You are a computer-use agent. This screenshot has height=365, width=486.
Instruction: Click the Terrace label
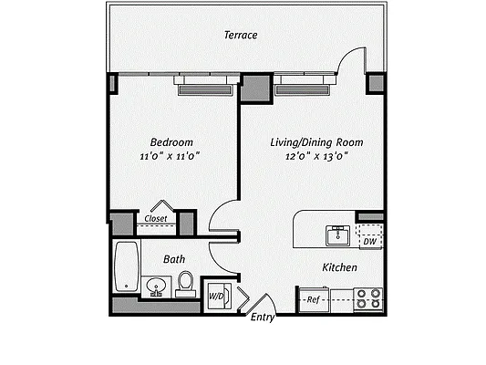click(241, 36)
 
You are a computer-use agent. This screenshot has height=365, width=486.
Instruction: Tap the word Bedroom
click(171, 142)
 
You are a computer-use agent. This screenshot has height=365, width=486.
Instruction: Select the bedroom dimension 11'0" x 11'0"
click(170, 157)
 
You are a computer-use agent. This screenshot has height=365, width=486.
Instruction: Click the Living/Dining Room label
click(316, 142)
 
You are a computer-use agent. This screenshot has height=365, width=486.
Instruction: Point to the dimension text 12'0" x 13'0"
click(316, 157)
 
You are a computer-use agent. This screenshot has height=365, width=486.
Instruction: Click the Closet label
click(155, 219)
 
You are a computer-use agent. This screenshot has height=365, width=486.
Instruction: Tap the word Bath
click(174, 259)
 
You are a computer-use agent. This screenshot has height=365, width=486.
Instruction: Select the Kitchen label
click(339, 267)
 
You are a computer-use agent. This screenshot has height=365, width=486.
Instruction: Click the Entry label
click(263, 317)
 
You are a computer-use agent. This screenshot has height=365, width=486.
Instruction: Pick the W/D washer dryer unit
click(216, 297)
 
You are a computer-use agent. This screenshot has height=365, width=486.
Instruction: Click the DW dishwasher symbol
click(369, 241)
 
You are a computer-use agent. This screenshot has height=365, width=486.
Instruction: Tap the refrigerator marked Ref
click(313, 298)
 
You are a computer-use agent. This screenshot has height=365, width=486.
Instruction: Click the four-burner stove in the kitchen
click(368, 297)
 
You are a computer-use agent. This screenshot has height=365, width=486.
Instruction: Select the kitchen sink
click(338, 235)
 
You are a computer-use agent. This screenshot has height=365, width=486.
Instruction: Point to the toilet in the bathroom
click(185, 284)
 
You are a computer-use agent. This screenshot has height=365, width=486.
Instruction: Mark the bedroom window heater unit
click(207, 89)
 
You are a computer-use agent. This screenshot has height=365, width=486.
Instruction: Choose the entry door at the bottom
click(259, 304)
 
